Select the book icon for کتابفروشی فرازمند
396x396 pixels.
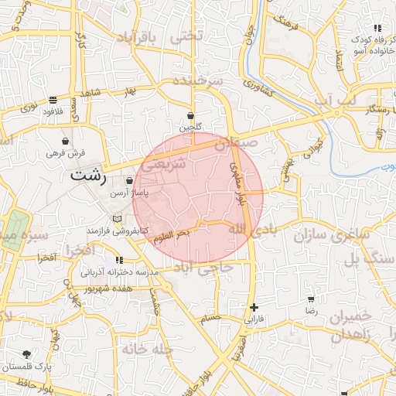tap(117, 219)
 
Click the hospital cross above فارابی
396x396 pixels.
tap(254, 308)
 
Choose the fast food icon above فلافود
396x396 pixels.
tap(53, 100)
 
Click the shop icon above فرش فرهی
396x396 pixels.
tap(66, 142)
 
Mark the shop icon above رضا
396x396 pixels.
tap(311, 299)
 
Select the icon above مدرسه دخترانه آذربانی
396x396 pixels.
tap(119, 260)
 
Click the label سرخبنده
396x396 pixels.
tap(197, 80)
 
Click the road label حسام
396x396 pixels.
tap(210, 317)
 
